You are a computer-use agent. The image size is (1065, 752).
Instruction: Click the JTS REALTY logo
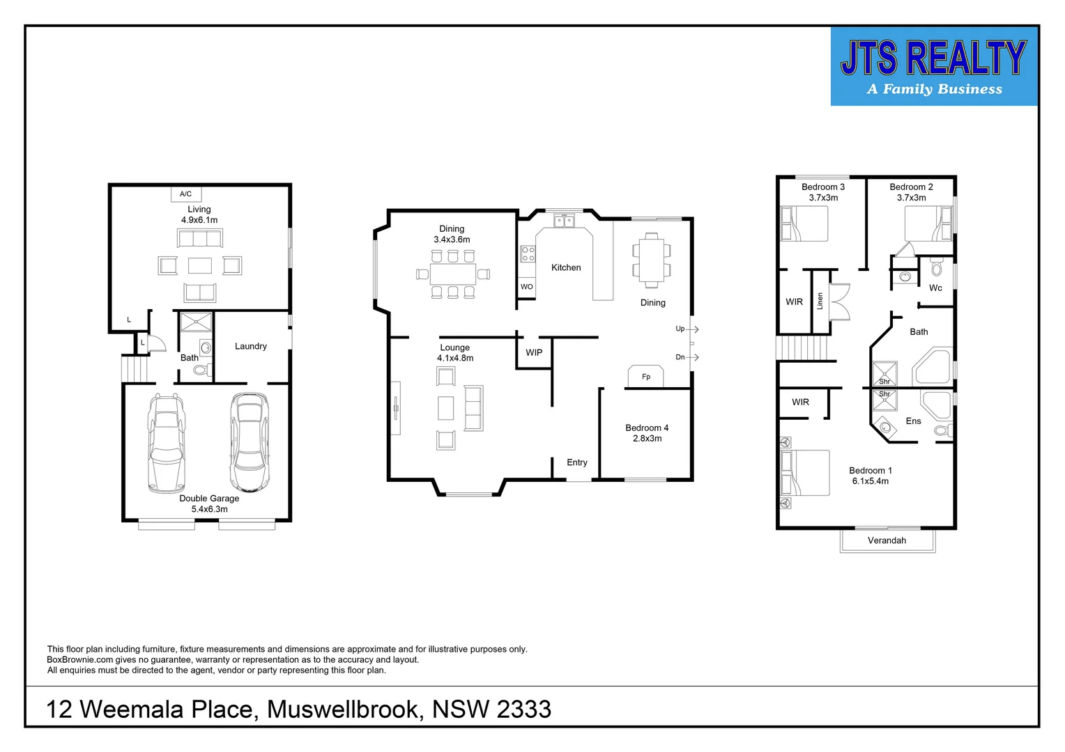[x=933, y=67]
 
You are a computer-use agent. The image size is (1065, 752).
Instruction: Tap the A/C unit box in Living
[x=185, y=194]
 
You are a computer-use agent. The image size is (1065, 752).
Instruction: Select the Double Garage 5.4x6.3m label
[x=209, y=503]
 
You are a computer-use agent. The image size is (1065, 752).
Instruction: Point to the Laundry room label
[x=251, y=346]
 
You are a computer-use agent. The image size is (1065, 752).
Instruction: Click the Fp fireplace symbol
[x=646, y=376]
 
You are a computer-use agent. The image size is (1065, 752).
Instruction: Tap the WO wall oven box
[x=527, y=287]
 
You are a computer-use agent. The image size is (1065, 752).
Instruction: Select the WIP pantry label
[x=534, y=352]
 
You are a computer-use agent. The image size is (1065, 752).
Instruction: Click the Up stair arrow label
[x=680, y=329]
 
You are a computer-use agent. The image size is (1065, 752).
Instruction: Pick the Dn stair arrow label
[x=680, y=357]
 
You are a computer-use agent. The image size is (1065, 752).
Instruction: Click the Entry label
[x=577, y=462]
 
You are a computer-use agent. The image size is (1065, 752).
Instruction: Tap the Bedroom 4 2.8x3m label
[x=647, y=433]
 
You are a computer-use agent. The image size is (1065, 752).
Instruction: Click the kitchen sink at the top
[x=564, y=221]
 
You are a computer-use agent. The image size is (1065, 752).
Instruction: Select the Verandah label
[x=887, y=540]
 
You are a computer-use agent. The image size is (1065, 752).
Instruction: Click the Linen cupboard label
[x=820, y=301]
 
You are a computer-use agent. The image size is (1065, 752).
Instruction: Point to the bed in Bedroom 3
[x=804, y=224]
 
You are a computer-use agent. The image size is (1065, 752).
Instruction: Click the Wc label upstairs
[x=935, y=288]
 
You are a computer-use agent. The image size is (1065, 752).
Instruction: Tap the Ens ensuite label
[x=913, y=421]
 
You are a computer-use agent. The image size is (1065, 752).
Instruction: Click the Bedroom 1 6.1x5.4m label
[x=870, y=476]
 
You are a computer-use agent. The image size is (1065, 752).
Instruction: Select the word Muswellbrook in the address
[x=344, y=710]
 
